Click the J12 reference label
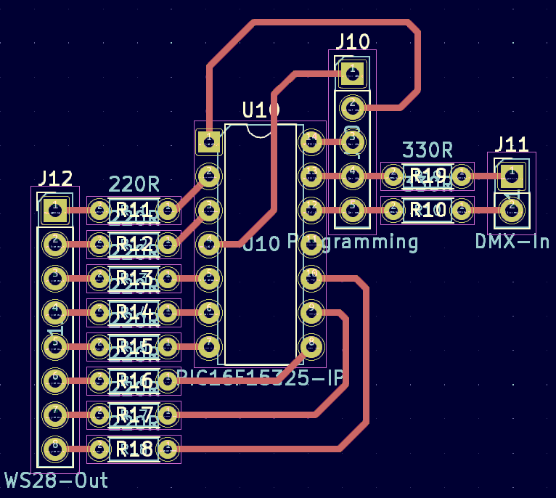(55, 179)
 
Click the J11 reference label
(512, 144)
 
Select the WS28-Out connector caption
(57, 480)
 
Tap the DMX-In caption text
(512, 241)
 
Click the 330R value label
(428, 150)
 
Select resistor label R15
(134, 346)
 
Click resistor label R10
(428, 211)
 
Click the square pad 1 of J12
(54, 211)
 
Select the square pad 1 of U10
(209, 140)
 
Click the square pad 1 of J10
(353, 71)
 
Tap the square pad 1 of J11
(512, 174)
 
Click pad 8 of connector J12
(54, 448)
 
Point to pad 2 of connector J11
(512, 211)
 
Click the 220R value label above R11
(134, 184)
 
